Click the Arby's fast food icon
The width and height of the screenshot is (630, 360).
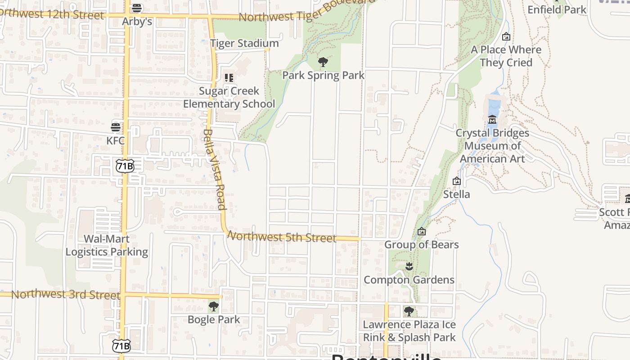(137, 8)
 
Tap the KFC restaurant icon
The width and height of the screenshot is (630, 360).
(116, 127)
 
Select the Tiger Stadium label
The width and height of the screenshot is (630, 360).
(244, 44)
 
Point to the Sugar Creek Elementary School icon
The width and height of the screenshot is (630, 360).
(229, 78)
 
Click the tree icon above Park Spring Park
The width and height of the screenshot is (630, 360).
(323, 62)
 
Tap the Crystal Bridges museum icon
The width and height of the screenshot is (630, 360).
(492, 120)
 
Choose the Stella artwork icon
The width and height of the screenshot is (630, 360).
(457, 181)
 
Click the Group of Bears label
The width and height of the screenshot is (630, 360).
(421, 245)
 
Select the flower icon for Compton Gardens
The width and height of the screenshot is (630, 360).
(409, 266)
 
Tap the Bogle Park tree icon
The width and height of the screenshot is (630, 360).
(214, 307)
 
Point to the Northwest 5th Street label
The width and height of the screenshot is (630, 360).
(282, 237)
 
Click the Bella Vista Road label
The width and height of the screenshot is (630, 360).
(214, 170)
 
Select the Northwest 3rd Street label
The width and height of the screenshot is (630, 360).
(66, 295)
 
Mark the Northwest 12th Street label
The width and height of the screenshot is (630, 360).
(52, 14)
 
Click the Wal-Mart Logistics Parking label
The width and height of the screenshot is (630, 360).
(107, 245)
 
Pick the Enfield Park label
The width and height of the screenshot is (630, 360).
(557, 9)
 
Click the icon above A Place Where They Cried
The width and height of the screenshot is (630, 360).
(506, 36)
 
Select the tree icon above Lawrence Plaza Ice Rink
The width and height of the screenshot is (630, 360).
(409, 311)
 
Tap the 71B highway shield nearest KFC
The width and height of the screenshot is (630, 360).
(125, 166)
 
